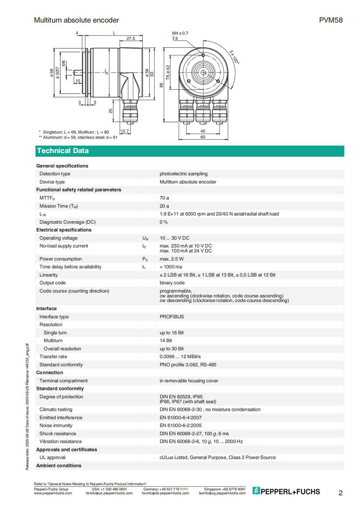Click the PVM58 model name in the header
[331, 20]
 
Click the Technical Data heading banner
[63, 151]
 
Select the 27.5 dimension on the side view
[131, 39]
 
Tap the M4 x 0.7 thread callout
[180, 33]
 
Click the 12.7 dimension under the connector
[125, 131]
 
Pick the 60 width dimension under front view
[203, 137]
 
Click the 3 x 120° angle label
[234, 57]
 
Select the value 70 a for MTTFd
[164, 198]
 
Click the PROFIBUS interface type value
[172, 317]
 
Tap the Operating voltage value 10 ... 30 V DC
[174, 238]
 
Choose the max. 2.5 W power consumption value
[172, 259]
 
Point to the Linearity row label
[48, 275]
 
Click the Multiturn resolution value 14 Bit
[166, 341]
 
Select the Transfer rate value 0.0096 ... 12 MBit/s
[180, 357]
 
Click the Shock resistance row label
[57, 434]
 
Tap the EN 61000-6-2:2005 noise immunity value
[180, 425]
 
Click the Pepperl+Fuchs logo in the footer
[286, 491]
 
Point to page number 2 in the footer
[340, 493]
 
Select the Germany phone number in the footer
[165, 489]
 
